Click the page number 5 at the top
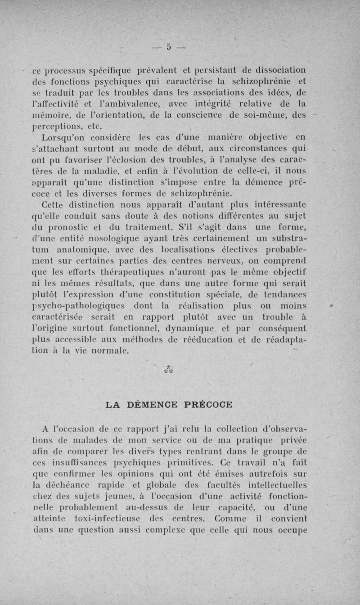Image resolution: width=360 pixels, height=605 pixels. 169,46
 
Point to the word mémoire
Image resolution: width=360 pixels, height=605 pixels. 49,105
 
